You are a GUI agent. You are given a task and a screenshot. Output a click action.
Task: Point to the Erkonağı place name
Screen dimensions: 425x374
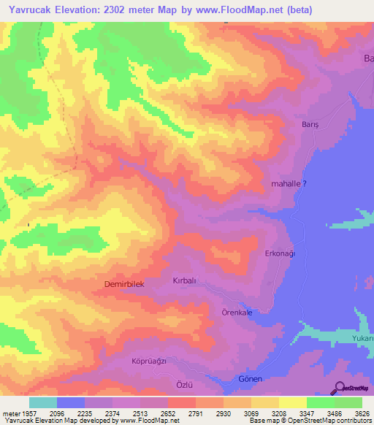[279, 253]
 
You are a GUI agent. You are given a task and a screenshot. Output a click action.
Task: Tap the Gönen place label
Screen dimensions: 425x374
[250, 379]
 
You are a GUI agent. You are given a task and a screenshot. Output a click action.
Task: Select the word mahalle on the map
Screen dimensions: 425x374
[286, 185]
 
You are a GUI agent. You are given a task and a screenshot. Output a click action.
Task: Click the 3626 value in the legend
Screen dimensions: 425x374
[361, 413]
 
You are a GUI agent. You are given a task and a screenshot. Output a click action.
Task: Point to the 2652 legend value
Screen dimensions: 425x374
[168, 413]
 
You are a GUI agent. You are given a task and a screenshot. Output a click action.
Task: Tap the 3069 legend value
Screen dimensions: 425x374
[251, 413]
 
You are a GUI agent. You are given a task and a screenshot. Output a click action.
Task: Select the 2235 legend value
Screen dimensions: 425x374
[85, 413]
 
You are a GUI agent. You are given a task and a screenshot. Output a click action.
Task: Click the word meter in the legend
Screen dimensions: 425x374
[11, 413]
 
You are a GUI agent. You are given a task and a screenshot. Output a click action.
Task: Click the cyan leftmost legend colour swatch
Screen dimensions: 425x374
[43, 402]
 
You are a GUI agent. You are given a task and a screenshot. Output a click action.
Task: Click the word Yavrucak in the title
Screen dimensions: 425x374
[28, 9]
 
